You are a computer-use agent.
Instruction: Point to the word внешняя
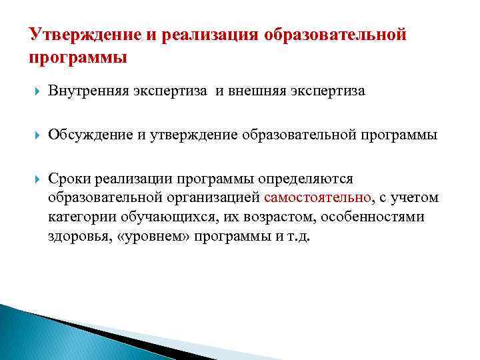[257, 91]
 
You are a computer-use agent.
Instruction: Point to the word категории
[77, 217]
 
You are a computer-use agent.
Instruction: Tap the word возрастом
[256, 217]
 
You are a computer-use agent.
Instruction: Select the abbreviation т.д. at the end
[299, 237]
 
